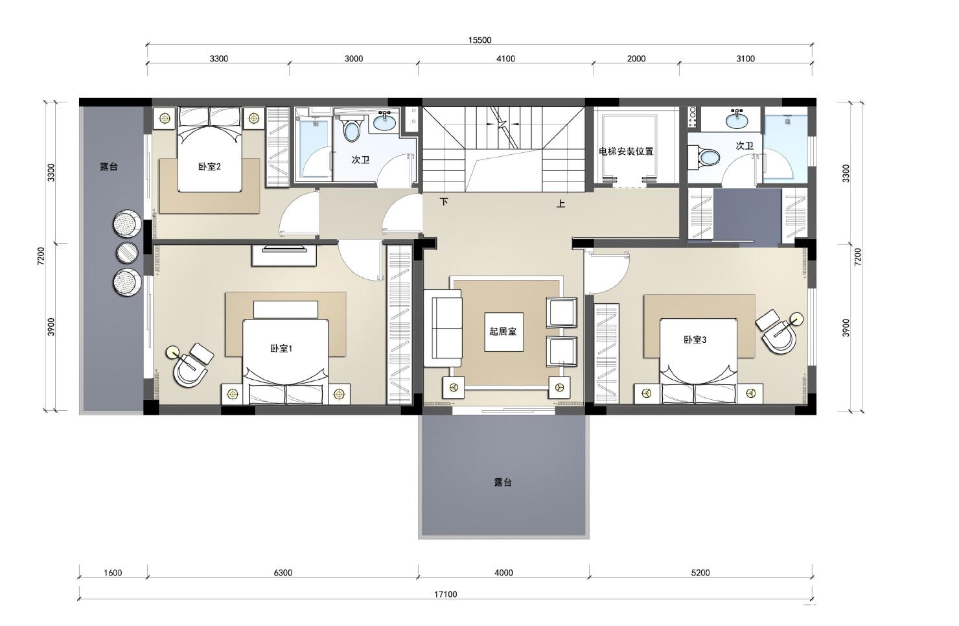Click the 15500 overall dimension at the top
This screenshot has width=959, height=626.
pos(479,40)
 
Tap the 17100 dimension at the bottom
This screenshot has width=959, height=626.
pos(445,594)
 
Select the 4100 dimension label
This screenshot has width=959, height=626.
pos(505,59)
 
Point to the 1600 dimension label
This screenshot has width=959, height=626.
pos(113,573)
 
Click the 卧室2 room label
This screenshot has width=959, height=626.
pos(209,167)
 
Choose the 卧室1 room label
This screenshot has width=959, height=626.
pos(281,349)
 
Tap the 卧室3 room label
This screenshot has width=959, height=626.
pos(695,340)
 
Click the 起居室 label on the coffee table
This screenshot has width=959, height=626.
pos(503,331)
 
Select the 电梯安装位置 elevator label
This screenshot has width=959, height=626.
pos(626,152)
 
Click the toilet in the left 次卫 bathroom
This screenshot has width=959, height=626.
pos(351,129)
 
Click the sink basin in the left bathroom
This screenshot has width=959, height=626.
pos(385,121)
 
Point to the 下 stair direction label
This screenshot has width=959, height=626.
pos(444,202)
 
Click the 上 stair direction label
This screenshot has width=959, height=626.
pos(561,204)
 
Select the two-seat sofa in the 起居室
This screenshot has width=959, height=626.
pos(443,328)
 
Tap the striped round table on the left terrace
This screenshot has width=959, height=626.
pos(127,253)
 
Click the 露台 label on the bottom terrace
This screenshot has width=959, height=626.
pos(503,483)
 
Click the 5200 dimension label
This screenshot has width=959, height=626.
pos(700,573)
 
